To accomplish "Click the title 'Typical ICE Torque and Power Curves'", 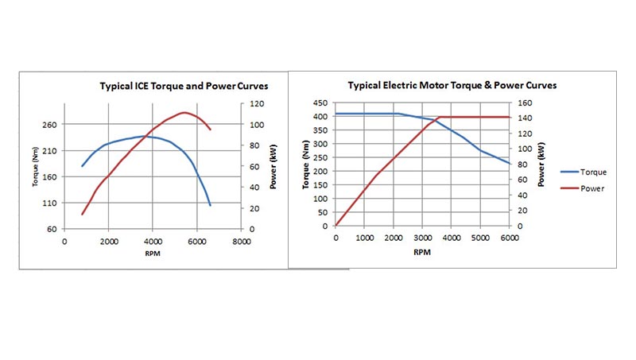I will tap(184, 85).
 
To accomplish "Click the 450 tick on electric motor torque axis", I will tap(320, 103).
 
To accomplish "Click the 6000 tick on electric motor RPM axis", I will tap(509, 237).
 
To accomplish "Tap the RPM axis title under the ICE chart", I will tap(152, 255).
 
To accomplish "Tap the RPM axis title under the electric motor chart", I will tap(422, 252).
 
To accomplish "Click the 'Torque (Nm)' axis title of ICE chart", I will tap(36, 168).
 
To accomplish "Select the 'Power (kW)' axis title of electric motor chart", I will tap(541, 165).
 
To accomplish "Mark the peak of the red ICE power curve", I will tap(184, 112).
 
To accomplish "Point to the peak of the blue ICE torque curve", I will tap(145, 136).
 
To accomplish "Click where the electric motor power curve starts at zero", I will tap(335, 226).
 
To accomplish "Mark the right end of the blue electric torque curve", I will tap(509, 164).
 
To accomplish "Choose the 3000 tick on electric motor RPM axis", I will tap(422, 237).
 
